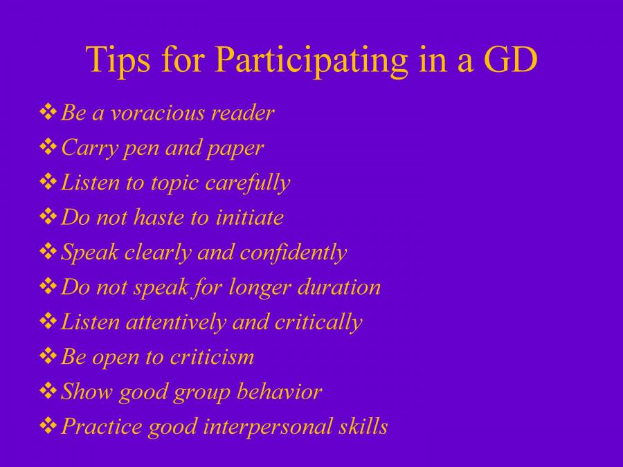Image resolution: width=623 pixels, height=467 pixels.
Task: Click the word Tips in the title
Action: point(118,59)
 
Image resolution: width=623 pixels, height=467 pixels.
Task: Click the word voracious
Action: point(158,113)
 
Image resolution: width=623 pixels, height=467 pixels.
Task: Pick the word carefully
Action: point(248,183)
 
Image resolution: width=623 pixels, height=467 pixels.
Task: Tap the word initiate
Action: point(249,217)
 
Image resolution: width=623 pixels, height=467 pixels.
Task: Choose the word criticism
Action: point(212,356)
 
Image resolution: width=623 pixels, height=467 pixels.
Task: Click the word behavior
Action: point(280,391)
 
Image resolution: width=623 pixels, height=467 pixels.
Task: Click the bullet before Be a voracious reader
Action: point(48,111)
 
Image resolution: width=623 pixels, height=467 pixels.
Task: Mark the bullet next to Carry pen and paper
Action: point(48,147)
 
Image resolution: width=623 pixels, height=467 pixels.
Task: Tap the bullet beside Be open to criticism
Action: point(48,356)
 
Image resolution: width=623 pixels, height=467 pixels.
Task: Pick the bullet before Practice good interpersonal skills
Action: point(48,425)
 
